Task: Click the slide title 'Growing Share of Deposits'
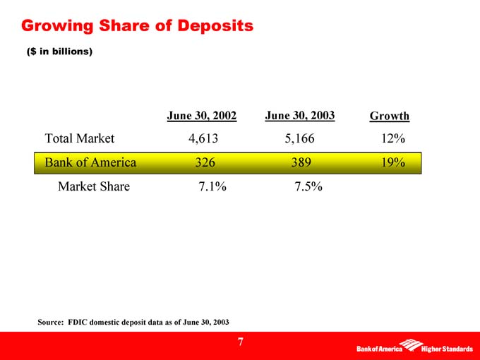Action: [137, 27]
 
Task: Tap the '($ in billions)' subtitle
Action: [59, 52]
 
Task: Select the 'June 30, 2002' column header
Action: [201, 114]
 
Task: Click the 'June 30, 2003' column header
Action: [300, 114]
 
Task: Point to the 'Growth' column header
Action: [390, 116]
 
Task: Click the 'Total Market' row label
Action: [80, 139]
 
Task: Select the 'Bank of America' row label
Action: [90, 163]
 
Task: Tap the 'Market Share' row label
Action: [94, 187]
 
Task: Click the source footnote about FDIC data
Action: [133, 321]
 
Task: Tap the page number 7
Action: [241, 342]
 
